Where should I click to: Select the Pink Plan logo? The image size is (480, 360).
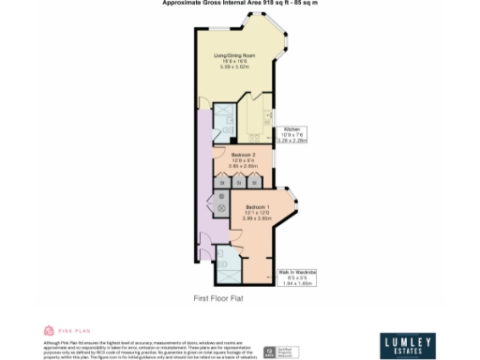[67, 331]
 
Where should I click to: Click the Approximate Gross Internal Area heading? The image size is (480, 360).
[239, 4]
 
